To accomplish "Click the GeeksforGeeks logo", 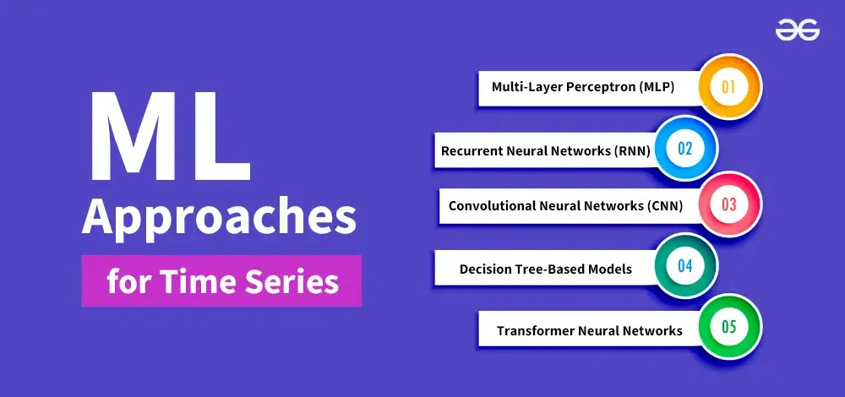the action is pos(798,30).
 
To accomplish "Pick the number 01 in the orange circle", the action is pos(728,87).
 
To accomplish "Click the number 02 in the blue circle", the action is pos(685,148).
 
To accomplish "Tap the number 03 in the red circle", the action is pos(728,204).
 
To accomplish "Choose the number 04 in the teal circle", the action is pos(685,266).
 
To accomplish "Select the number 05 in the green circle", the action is pos(728,327).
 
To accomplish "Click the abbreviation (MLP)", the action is pos(657,87).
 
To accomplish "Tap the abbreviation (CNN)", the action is pos(664,206).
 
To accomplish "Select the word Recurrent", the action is pos(472,151).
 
